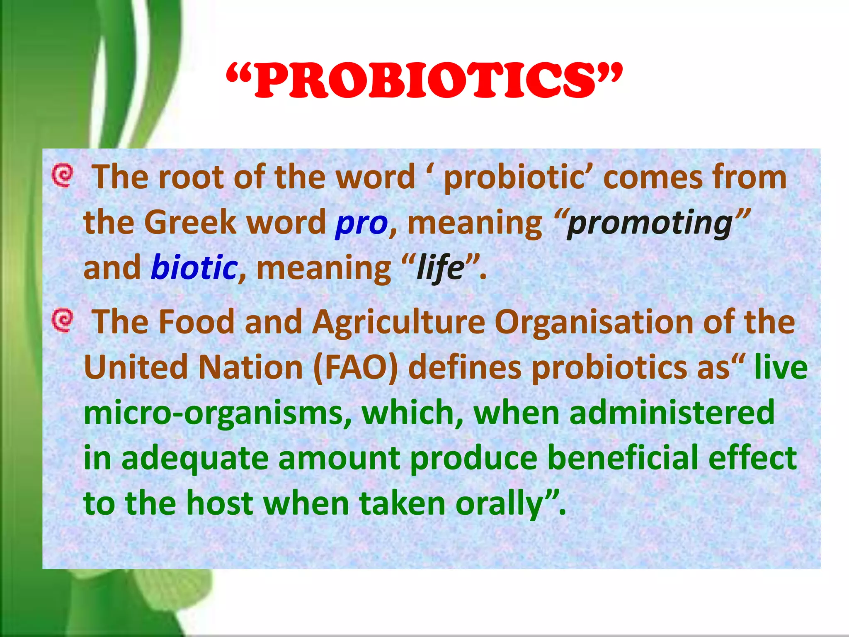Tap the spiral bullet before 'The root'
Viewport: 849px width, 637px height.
click(63, 175)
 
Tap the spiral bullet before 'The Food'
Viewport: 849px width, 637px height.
click(63, 321)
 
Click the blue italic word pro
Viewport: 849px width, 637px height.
click(361, 223)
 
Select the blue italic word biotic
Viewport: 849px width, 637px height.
click(194, 267)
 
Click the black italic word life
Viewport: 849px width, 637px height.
click(440, 267)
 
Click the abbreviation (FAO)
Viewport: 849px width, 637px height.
click(356, 367)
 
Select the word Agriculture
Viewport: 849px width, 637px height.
click(398, 322)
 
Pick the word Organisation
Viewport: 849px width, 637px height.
click(594, 322)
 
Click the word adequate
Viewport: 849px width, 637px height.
click(195, 458)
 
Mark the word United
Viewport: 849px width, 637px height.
click(136, 367)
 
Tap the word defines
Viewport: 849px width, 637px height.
click(465, 367)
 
